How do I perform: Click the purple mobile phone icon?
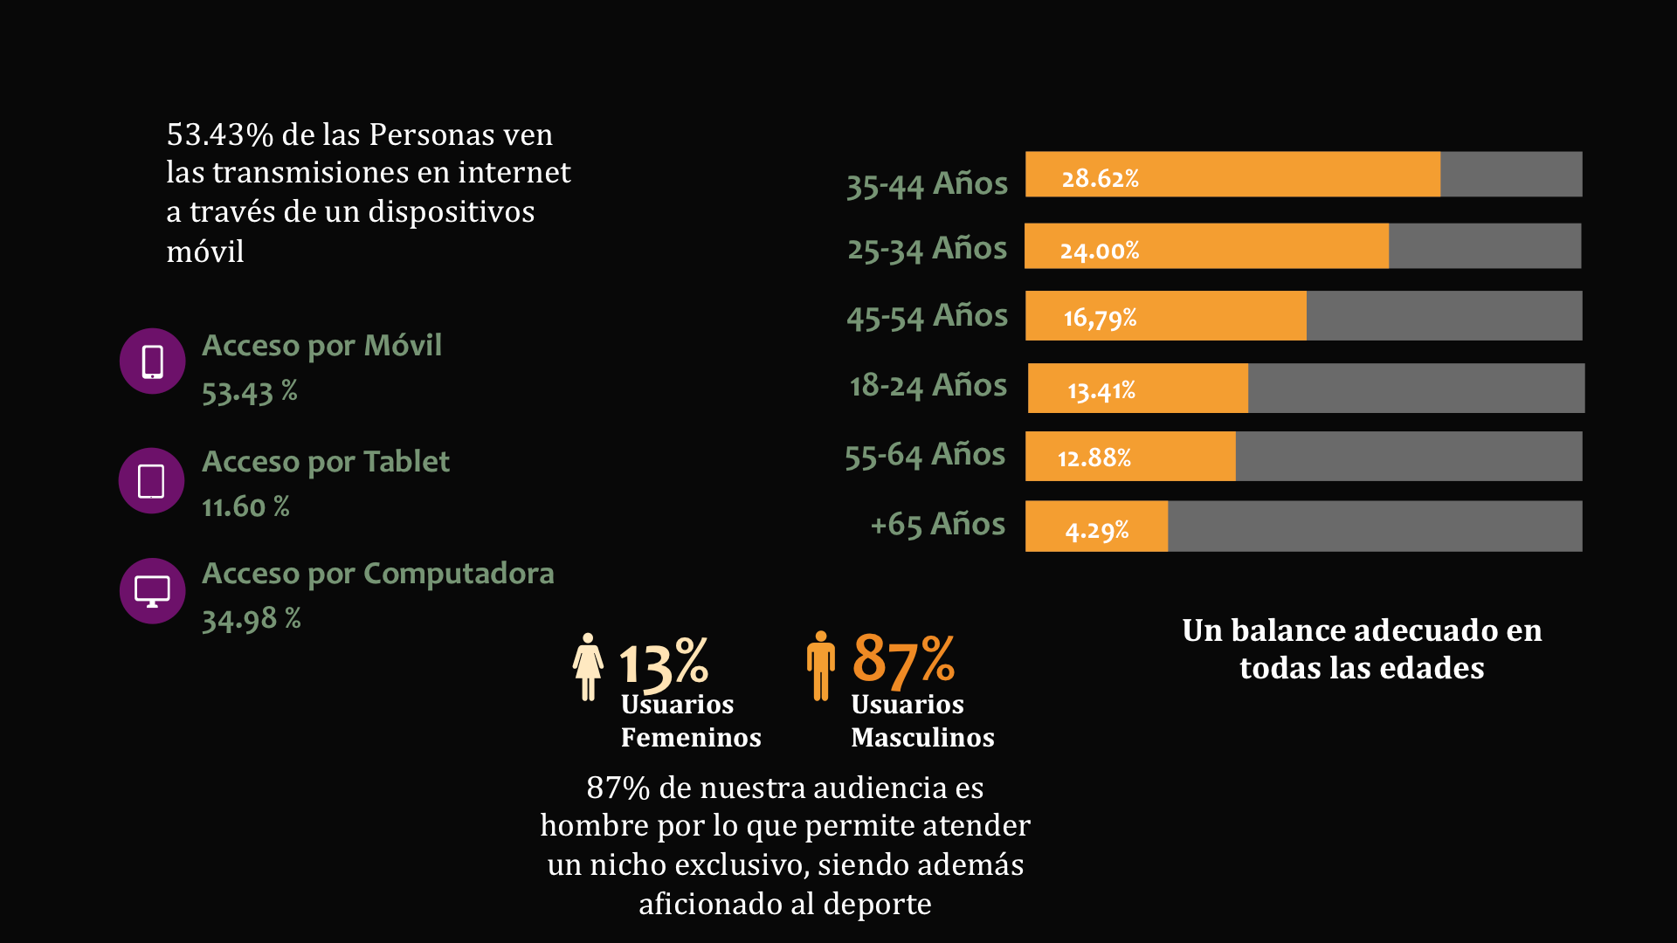pyautogui.click(x=152, y=361)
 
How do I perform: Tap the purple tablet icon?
pyautogui.click(x=151, y=481)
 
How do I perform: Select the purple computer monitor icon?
pyautogui.click(x=152, y=591)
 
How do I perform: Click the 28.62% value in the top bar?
pyautogui.click(x=1100, y=178)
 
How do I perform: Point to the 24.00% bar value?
pyautogui.click(x=1099, y=251)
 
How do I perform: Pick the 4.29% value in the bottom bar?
pyautogui.click(x=1096, y=530)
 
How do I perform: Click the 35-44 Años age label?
pyautogui.click(x=927, y=184)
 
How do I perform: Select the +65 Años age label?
pyautogui.click(x=937, y=525)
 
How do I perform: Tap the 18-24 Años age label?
pyautogui.click(x=928, y=385)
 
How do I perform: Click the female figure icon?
pyautogui.click(x=588, y=666)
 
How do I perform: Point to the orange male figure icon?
pyautogui.click(x=820, y=666)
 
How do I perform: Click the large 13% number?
pyautogui.click(x=663, y=663)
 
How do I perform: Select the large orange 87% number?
pyautogui.click(x=903, y=659)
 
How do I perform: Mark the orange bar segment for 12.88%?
pyautogui.click(x=1130, y=456)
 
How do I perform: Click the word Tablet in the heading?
pyautogui.click(x=406, y=461)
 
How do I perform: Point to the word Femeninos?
pyautogui.click(x=691, y=738)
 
